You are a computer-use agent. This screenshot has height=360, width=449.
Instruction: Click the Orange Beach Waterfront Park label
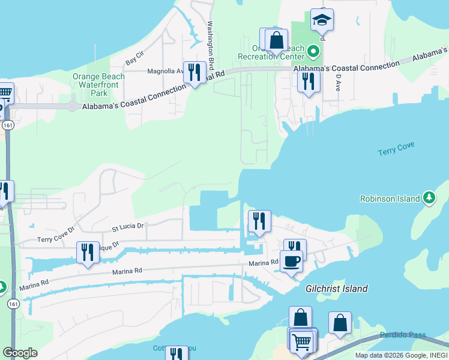pos(98,85)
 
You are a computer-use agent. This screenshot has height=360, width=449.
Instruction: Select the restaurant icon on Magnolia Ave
pos(194,73)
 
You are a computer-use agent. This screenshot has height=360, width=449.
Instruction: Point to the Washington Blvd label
pos(211,46)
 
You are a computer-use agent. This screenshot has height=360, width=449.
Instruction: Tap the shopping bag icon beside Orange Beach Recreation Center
pos(276,41)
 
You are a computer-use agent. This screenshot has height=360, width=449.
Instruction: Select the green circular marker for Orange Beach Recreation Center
pos(312,53)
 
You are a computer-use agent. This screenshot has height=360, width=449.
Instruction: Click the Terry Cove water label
pos(397,149)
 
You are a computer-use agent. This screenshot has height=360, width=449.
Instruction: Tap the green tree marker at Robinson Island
pos(429,197)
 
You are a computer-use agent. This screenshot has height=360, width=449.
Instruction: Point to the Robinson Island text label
pos(390,199)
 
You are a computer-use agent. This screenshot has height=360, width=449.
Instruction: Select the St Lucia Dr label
pos(128,226)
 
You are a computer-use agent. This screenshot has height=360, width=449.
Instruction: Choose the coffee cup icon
pos(291,262)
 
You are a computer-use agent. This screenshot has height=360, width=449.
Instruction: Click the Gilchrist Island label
pos(336,289)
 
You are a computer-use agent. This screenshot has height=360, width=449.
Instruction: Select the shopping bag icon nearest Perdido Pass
pos(340,323)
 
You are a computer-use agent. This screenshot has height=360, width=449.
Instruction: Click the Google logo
pos(20,353)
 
